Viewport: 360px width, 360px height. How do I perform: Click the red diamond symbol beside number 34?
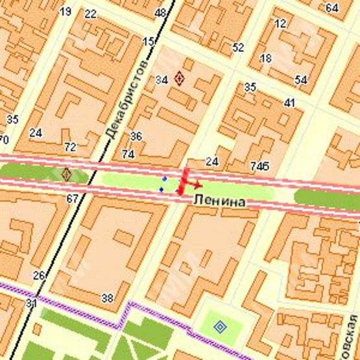tap(180, 78)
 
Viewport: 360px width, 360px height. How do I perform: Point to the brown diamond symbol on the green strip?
tap(66, 174)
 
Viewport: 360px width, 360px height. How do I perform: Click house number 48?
tap(160, 12)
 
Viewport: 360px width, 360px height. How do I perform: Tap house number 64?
tap(332, 8)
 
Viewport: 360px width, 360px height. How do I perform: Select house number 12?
tap(280, 23)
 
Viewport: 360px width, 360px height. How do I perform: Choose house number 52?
tap(238, 47)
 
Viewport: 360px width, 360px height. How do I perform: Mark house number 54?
tap(300, 80)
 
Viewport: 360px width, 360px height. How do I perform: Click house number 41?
tap(289, 102)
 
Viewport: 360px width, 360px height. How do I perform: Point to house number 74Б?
tap(260, 167)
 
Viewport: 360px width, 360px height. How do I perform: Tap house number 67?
tap(71, 198)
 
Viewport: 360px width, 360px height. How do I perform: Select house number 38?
tap(107, 298)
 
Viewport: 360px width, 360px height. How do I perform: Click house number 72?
tap(70, 147)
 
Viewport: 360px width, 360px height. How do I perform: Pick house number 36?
tap(136, 136)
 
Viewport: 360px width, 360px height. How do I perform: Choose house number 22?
tap(90, 14)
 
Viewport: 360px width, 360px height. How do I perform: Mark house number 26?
tap(39, 276)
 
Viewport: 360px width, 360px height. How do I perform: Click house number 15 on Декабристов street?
tap(149, 42)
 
